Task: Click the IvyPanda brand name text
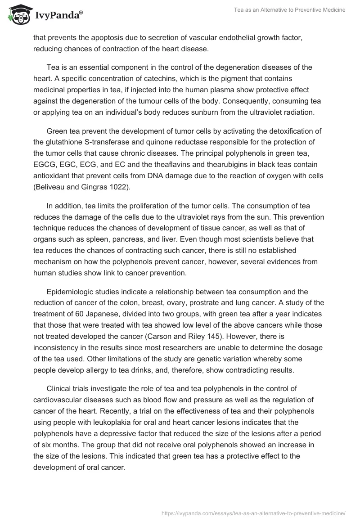57,16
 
